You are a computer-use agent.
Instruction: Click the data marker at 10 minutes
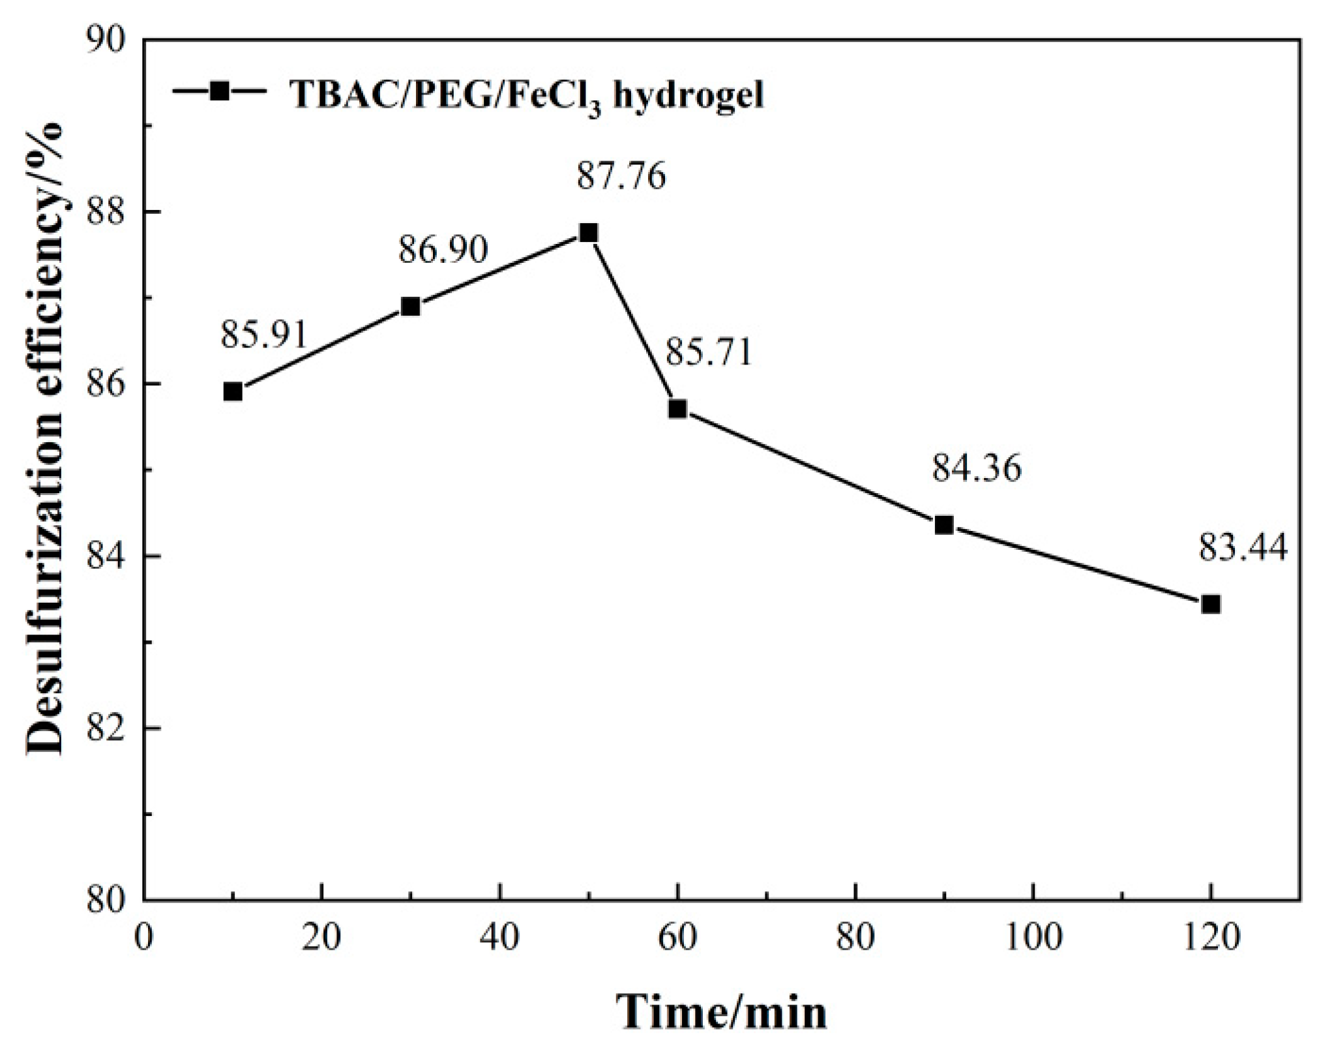click(x=233, y=391)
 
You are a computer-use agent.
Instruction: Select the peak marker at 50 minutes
click(x=588, y=233)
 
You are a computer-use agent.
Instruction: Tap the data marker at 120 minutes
click(x=1211, y=604)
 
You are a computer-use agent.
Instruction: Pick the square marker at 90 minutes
click(x=944, y=525)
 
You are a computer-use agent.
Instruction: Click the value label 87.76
click(x=621, y=176)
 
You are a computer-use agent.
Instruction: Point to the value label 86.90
click(x=443, y=250)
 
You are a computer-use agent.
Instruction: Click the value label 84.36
click(x=976, y=468)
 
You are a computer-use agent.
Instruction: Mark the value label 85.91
click(x=264, y=335)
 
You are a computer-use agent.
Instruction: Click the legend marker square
click(x=220, y=91)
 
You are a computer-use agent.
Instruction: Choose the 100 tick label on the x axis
click(x=1033, y=938)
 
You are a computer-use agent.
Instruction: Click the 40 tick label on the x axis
click(x=499, y=938)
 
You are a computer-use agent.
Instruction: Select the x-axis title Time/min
click(x=722, y=1013)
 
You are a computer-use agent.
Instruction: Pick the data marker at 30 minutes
click(x=411, y=306)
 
